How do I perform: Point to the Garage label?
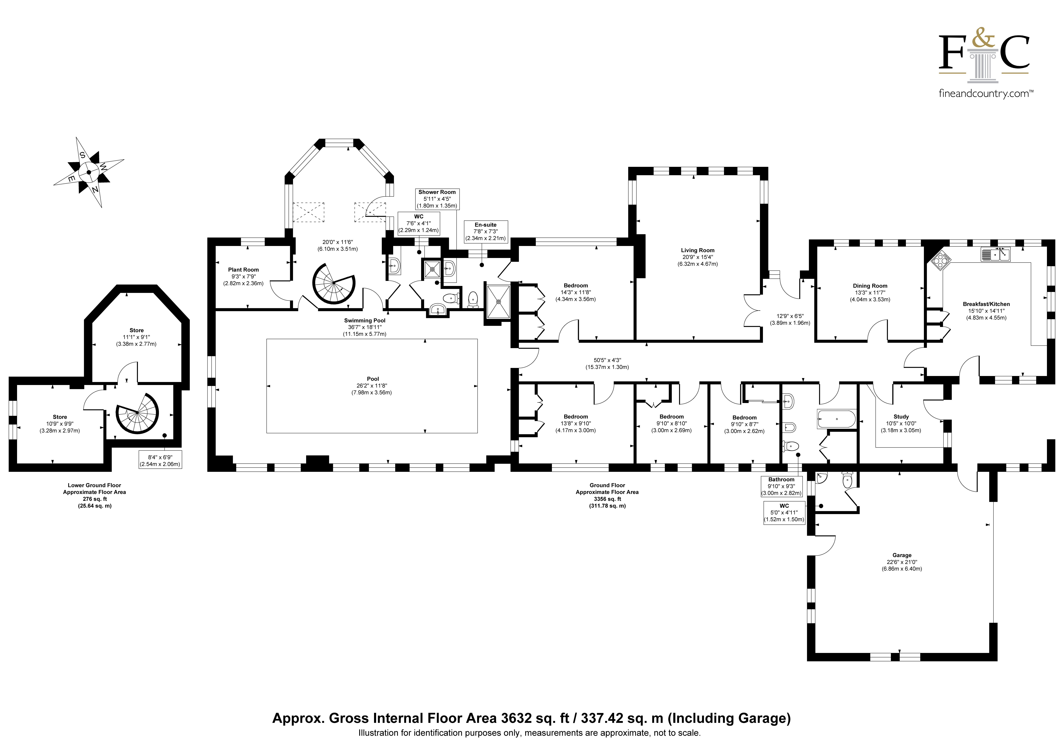(x=902, y=555)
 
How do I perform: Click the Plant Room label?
(x=243, y=270)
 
